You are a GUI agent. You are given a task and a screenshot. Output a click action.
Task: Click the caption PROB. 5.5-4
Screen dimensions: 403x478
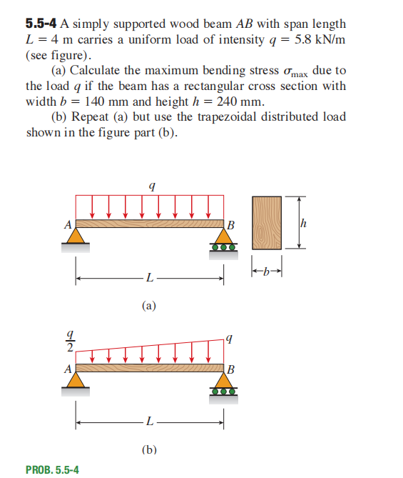pyautogui.click(x=52, y=469)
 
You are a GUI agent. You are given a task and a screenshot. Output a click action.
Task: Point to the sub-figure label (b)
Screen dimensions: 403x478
pyautogui.click(x=148, y=449)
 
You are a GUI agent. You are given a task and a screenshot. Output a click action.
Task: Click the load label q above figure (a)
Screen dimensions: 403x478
pyautogui.click(x=151, y=185)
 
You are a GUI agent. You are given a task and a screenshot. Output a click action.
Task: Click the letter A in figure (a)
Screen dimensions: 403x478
pyautogui.click(x=69, y=224)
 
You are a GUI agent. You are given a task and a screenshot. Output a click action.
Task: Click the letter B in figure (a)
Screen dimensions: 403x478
pyautogui.click(x=230, y=226)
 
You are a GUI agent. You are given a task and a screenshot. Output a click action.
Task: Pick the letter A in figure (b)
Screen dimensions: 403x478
pyautogui.click(x=69, y=369)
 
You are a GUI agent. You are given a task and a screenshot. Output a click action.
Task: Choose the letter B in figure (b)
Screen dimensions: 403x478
pyautogui.click(x=230, y=370)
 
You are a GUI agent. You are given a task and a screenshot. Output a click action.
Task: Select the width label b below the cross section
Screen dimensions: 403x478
pyautogui.click(x=267, y=272)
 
